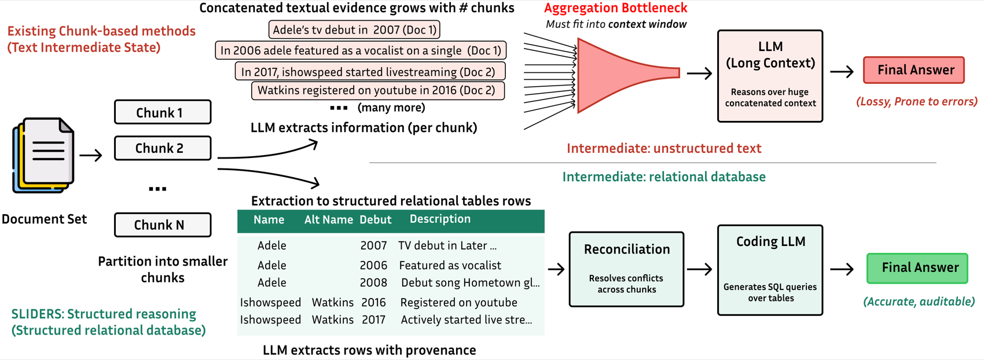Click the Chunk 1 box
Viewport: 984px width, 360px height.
[x=163, y=112]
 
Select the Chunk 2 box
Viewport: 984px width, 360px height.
[x=163, y=148]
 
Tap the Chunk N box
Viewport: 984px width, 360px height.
[x=163, y=225]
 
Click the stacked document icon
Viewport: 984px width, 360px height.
[x=43, y=156]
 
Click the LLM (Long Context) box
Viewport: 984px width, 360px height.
[x=770, y=76]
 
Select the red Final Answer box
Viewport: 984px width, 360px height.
[x=914, y=70]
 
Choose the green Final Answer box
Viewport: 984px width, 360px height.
[x=917, y=268]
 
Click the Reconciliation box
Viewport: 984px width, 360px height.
[x=626, y=269]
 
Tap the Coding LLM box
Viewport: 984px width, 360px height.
[x=770, y=270]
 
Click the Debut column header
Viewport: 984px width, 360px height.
[x=376, y=219]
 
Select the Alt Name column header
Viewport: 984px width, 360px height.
[x=329, y=219]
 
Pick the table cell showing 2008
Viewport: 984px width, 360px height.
[x=373, y=282]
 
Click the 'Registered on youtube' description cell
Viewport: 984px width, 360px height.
[x=458, y=302]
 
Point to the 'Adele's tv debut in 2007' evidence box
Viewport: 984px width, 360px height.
[x=354, y=30]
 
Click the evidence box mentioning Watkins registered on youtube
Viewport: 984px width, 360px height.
[x=378, y=90]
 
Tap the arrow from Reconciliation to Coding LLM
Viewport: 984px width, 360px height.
[x=699, y=269]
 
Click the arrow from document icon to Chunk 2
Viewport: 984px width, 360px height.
[x=90, y=155]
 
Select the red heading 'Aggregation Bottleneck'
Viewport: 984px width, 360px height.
[x=615, y=8]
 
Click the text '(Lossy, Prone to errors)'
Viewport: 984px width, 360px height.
[x=917, y=101]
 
